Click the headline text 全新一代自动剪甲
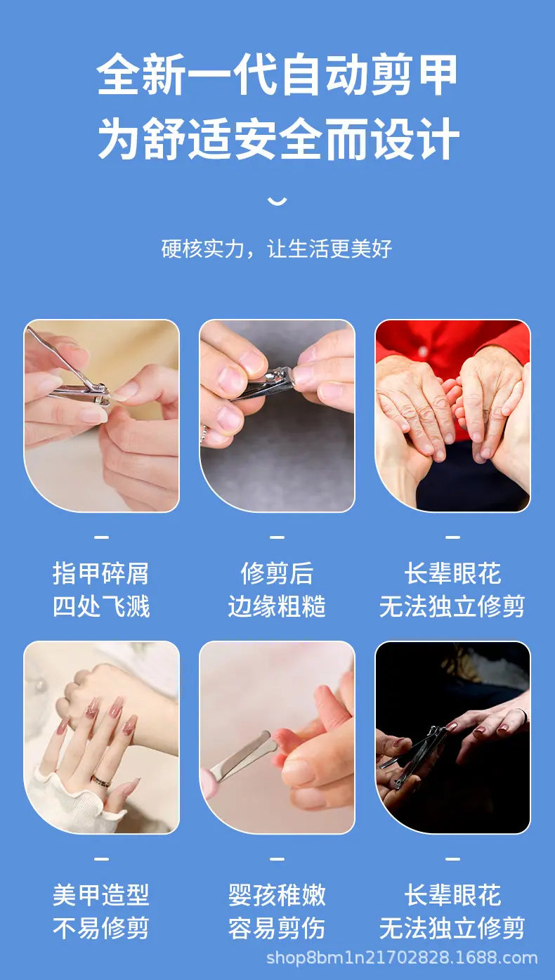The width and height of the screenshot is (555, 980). [277, 74]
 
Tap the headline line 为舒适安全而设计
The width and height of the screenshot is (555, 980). [278, 138]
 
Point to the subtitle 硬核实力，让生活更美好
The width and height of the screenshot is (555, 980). [276, 249]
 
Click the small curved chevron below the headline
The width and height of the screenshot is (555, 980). [277, 201]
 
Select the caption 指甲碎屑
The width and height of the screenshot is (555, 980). [101, 573]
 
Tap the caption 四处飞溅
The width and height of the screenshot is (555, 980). [101, 606]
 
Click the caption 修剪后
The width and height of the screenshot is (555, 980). [277, 573]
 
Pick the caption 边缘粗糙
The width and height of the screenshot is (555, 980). [277, 606]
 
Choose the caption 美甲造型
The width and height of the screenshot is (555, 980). [101, 895]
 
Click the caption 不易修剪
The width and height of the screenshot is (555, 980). [101, 928]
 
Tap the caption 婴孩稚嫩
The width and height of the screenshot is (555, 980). [277, 895]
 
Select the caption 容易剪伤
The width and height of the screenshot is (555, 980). [277, 928]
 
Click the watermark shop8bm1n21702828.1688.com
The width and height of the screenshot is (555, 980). [402, 958]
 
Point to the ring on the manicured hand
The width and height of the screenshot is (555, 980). [100, 780]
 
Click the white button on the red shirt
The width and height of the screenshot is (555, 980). [422, 351]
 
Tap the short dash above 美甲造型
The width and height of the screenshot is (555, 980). [101, 858]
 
